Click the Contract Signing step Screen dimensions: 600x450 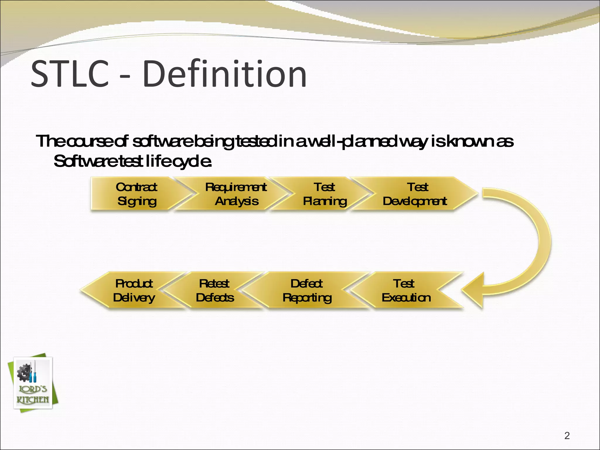click(x=136, y=194)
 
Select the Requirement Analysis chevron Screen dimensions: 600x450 click(x=236, y=194)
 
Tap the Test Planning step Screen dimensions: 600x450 click(x=324, y=194)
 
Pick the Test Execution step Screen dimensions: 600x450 click(x=406, y=290)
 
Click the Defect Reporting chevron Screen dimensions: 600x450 click(x=307, y=290)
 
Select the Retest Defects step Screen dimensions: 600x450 click(x=215, y=290)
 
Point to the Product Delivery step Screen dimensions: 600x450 click(x=134, y=290)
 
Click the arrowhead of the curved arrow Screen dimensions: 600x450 click(x=473, y=290)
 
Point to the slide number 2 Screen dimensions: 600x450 click(x=567, y=436)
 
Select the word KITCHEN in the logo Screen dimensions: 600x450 click(x=33, y=400)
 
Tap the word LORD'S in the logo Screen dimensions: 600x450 click(x=33, y=389)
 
